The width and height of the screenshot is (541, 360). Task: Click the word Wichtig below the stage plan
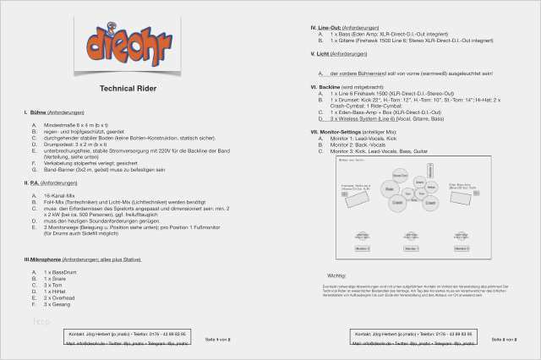pos(336,275)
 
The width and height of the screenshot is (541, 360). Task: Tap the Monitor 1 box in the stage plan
pos(362,248)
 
